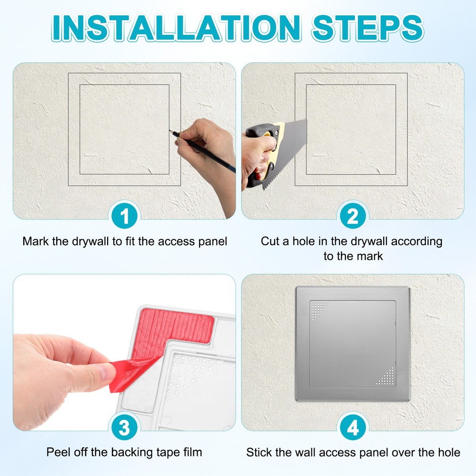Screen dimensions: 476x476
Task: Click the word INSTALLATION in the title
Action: (176, 27)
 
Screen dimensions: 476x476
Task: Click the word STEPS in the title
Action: (367, 27)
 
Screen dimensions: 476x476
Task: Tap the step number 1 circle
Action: (124, 217)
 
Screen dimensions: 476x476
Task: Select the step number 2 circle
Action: (353, 217)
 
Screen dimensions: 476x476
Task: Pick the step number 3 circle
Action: (124, 428)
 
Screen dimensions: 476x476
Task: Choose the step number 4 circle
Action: (353, 428)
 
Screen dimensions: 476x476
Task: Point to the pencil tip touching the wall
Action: (169, 132)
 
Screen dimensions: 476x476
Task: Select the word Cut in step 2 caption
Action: (270, 241)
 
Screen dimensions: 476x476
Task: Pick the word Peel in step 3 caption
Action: (58, 452)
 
